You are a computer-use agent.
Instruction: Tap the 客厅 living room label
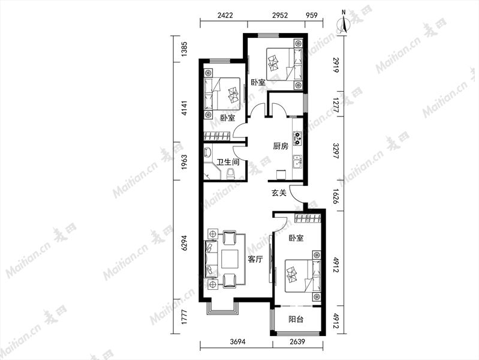(255, 260)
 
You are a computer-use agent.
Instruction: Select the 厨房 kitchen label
(281, 146)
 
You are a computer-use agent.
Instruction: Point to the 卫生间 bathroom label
(228, 162)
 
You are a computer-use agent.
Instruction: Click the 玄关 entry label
(279, 193)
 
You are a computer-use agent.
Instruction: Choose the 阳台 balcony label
(296, 320)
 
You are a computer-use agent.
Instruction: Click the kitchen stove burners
(297, 138)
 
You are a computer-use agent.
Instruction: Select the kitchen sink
(297, 161)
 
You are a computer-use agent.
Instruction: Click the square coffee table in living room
(230, 259)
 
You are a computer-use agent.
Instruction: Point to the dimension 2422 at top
(225, 15)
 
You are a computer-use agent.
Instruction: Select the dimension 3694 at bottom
(237, 341)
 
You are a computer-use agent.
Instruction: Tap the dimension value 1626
(336, 196)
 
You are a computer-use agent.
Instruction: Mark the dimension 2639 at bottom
(297, 341)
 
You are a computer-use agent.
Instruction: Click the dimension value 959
(311, 15)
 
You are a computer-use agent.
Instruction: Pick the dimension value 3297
(336, 151)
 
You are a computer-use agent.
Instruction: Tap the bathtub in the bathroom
(209, 153)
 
